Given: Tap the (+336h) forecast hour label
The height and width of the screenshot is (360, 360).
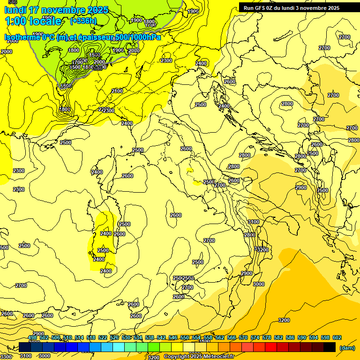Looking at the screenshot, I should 83,21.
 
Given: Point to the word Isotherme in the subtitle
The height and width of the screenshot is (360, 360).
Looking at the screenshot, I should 22,37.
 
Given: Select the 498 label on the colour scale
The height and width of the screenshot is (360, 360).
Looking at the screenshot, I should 32,337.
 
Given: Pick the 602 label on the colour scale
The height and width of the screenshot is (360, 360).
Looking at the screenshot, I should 337,337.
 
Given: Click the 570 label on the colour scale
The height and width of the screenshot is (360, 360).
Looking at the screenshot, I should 243,337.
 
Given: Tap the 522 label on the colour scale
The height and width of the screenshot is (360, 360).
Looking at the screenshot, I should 103,337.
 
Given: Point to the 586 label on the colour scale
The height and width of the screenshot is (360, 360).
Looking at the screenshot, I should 290,337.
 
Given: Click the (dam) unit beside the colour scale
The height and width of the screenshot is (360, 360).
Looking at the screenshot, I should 347,347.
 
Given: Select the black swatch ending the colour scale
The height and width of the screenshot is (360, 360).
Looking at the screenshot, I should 330,347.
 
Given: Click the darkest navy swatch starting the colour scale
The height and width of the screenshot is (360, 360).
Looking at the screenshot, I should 25,347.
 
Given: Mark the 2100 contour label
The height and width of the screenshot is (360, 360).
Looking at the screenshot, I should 117,91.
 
